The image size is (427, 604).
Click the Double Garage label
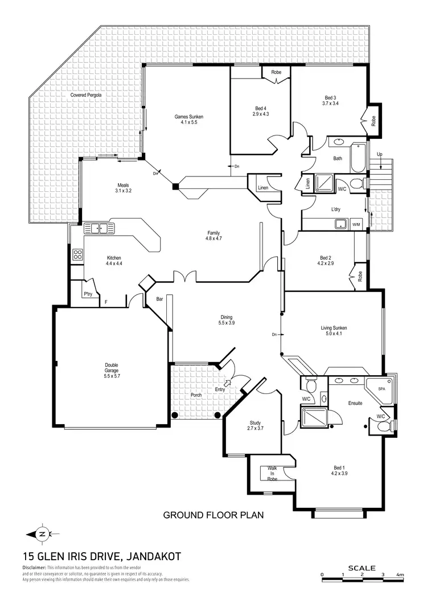pos(112,370)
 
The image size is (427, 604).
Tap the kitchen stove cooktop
pos(77,255)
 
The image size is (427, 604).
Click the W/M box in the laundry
pos(358,224)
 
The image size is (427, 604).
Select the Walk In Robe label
pos(272,473)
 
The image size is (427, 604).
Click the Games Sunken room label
pos(188,119)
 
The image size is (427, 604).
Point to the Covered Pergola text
pos(85,95)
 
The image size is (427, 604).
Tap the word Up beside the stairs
pos(379,154)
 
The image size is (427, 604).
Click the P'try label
pos(88,294)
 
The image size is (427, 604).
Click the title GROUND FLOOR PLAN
pos(213,515)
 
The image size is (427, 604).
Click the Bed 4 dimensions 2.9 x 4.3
pos(260,114)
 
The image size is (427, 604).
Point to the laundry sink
pos(340,224)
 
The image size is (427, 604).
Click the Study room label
pos(255,425)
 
